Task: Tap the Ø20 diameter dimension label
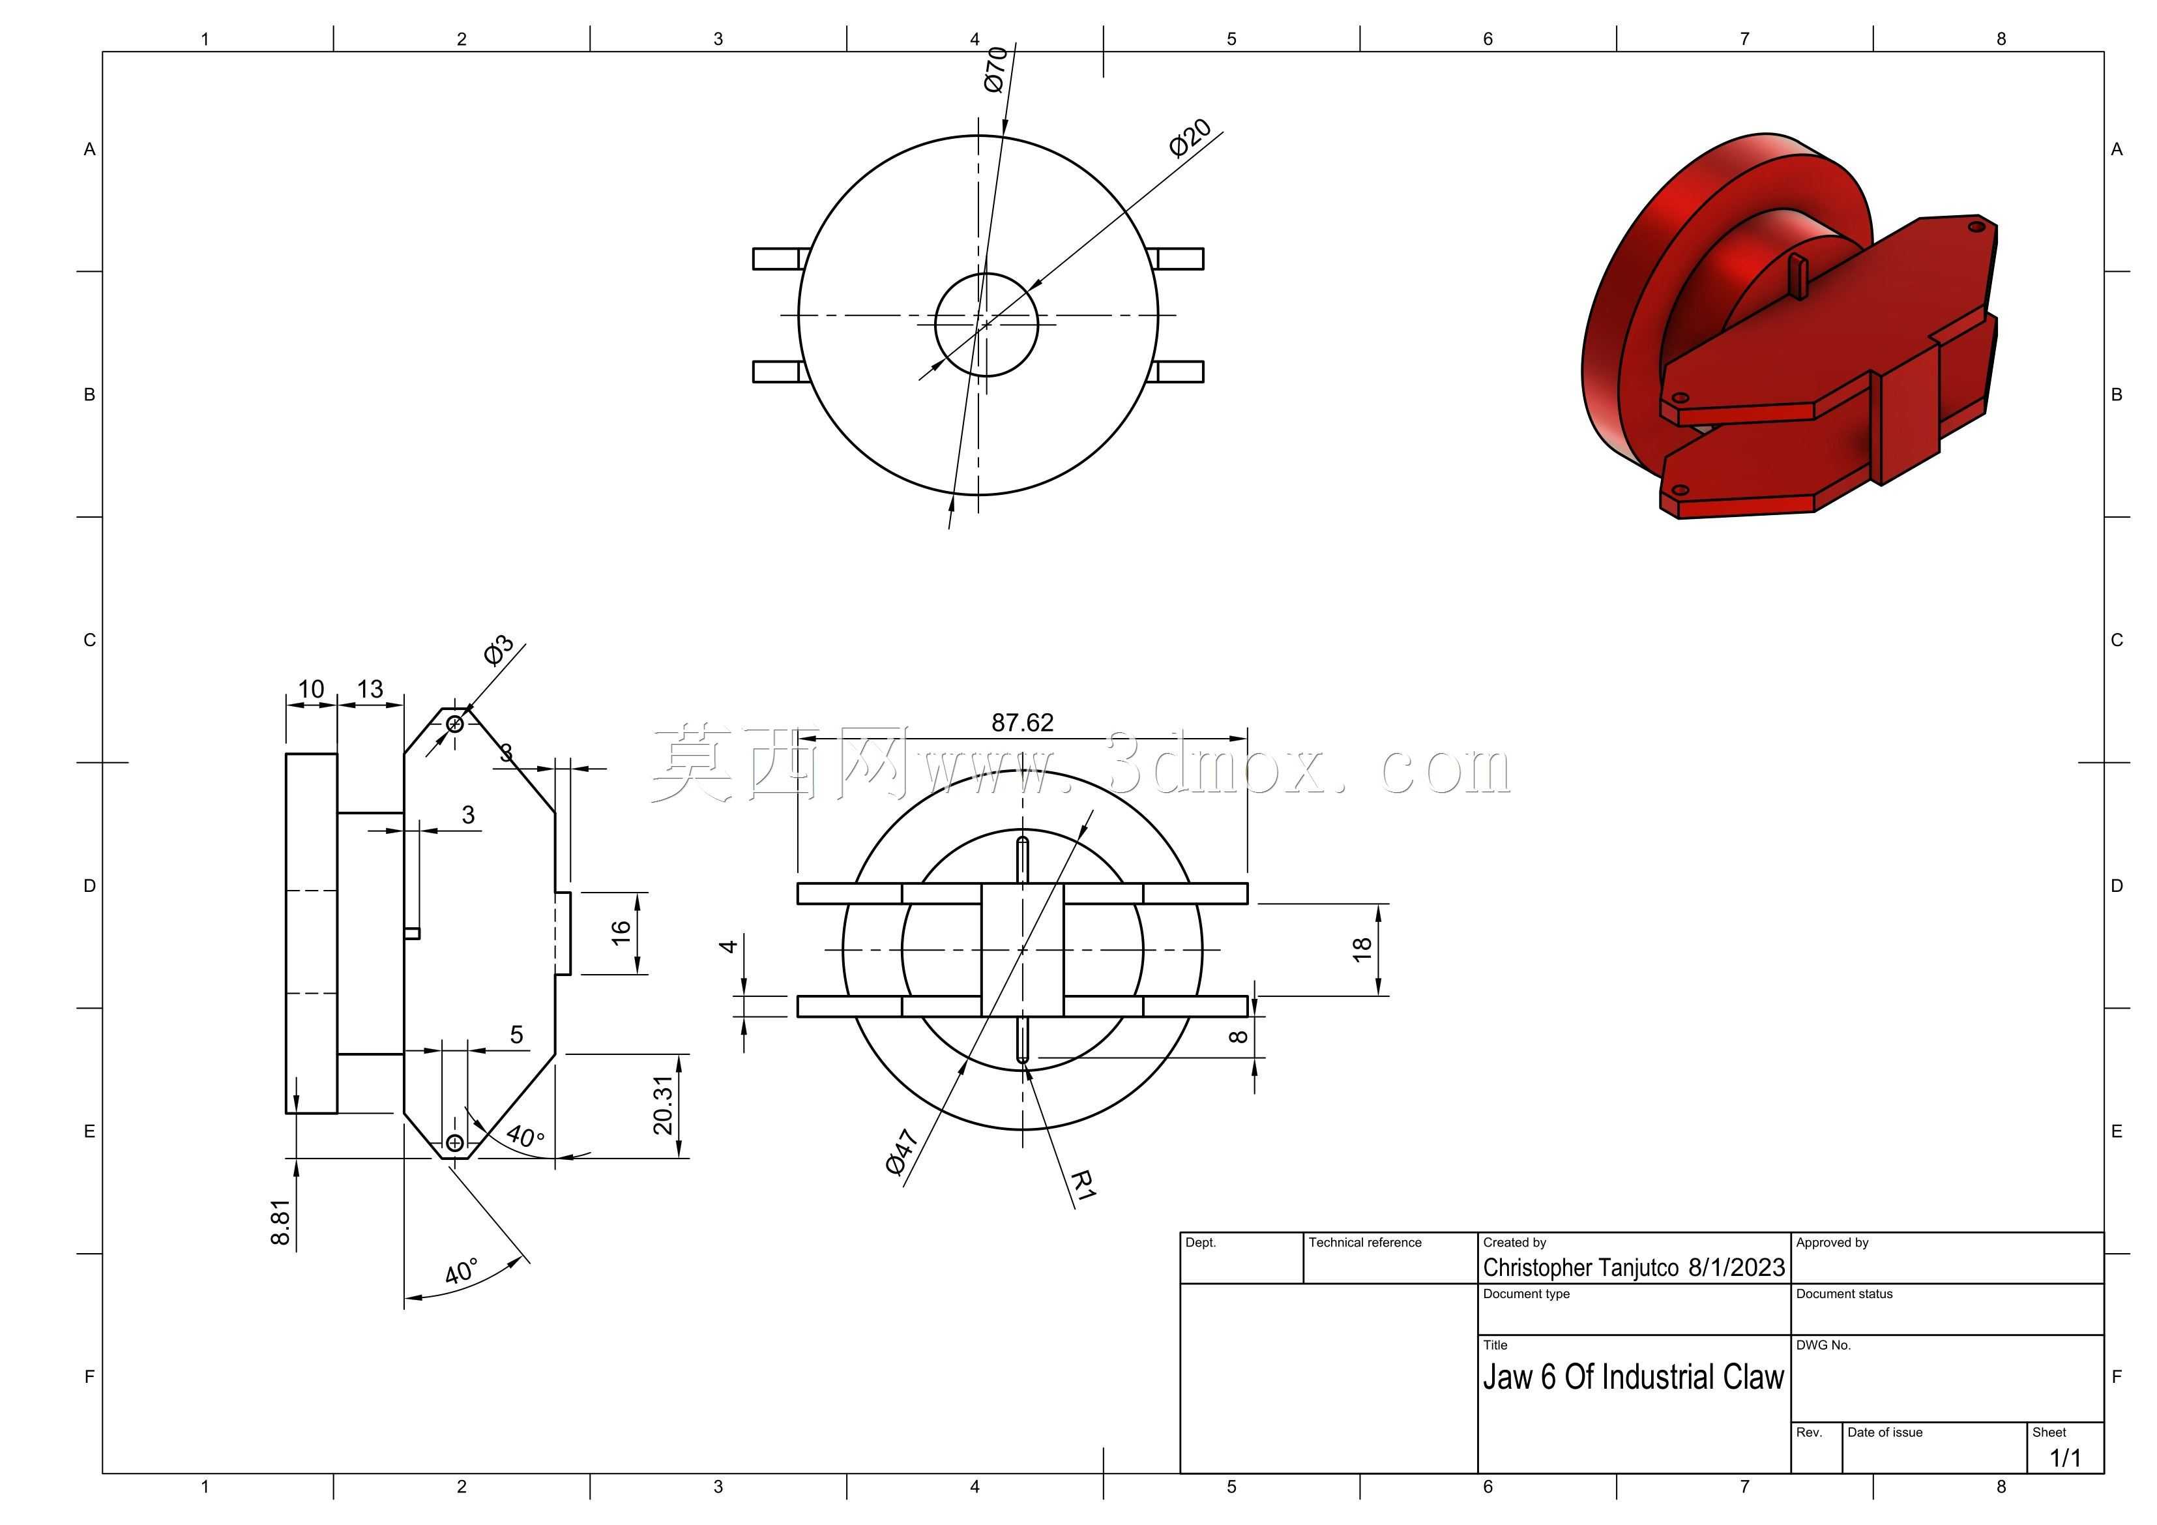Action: [x=1190, y=138]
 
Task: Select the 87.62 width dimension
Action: [x=1022, y=722]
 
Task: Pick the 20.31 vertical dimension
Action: [x=663, y=1105]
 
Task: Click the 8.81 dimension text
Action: [x=280, y=1222]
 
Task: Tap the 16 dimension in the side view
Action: [x=621, y=932]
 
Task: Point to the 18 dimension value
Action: [x=1361, y=949]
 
